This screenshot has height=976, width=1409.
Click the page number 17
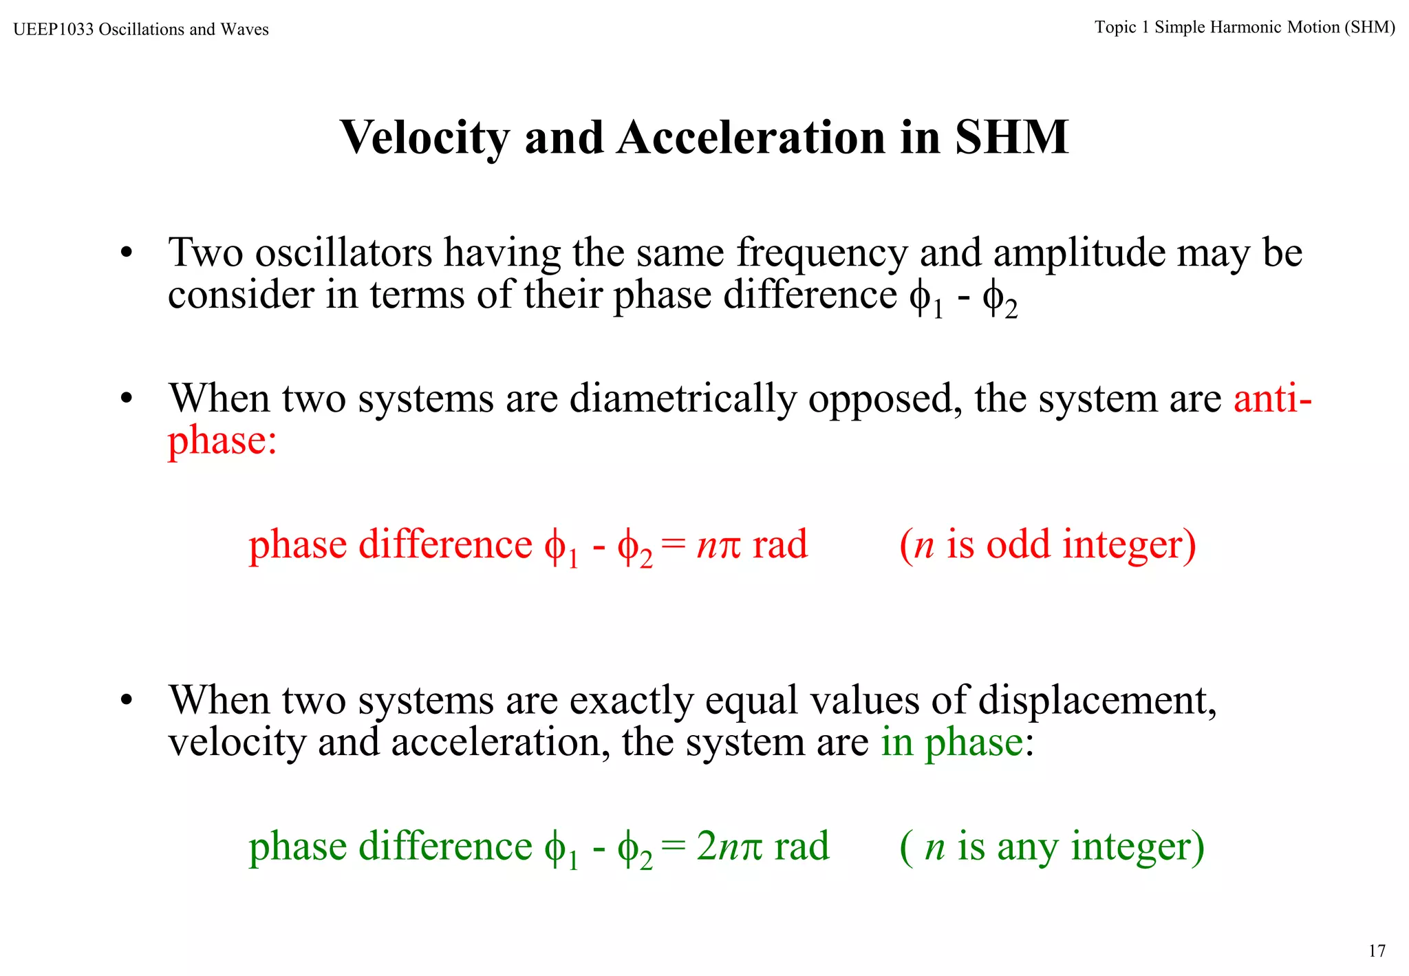click(1377, 951)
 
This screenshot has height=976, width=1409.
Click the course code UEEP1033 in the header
click(54, 30)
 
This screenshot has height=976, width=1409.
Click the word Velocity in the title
click(424, 138)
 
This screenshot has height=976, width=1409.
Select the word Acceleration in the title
click(752, 138)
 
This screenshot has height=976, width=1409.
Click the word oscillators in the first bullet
click(343, 253)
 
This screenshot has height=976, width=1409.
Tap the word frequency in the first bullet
click(822, 254)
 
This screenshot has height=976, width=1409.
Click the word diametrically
click(682, 399)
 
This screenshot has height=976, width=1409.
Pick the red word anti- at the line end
click(1272, 399)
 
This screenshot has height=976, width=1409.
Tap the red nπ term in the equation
click(718, 546)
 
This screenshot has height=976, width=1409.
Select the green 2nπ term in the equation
click(729, 847)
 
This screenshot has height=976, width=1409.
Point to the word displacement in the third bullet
click(1097, 701)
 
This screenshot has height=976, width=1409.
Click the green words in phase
click(951, 743)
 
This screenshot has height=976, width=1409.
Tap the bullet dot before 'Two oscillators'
click(126, 253)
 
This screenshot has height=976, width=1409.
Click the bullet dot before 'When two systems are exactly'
click(126, 701)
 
